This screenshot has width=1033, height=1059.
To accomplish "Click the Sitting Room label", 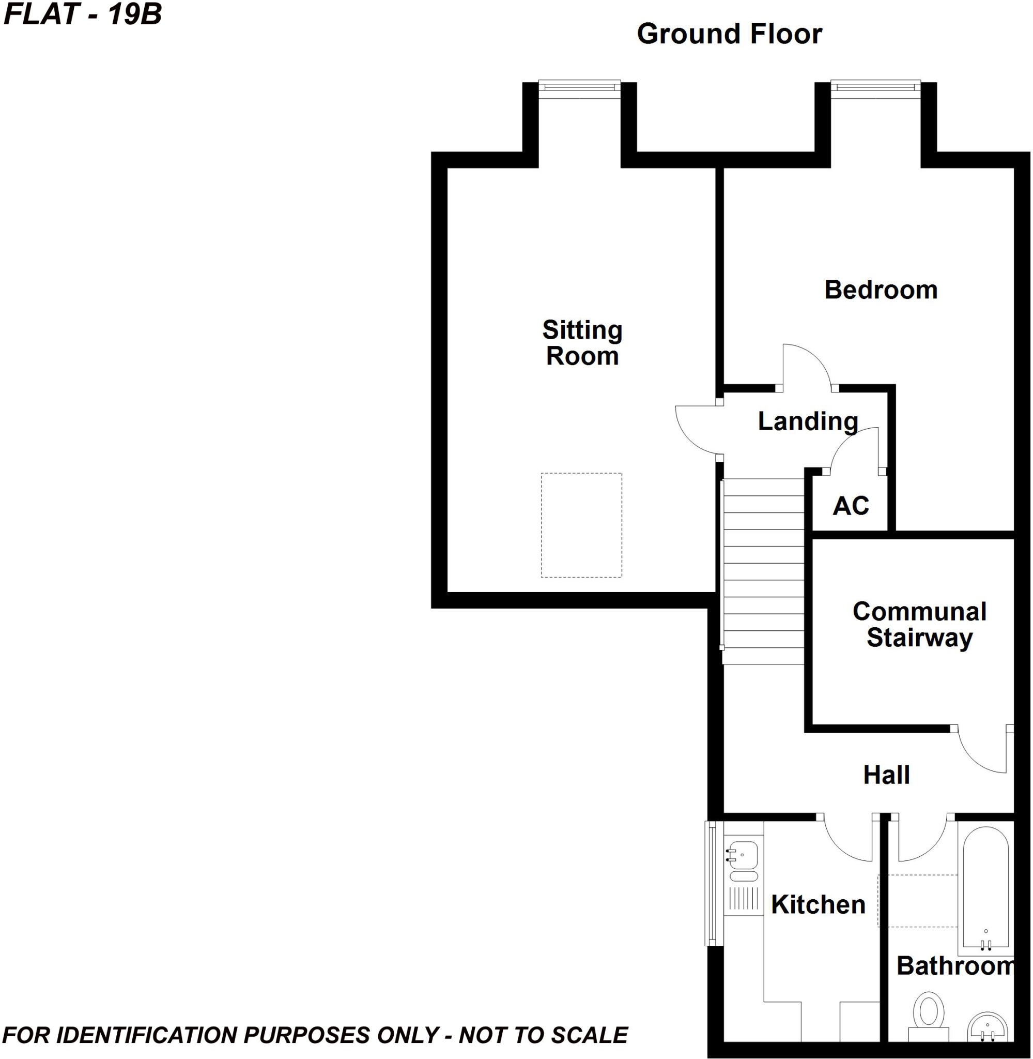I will (x=582, y=343).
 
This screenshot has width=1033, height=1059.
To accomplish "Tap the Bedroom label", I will (x=881, y=290).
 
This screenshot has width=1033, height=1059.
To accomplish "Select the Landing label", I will (x=807, y=421).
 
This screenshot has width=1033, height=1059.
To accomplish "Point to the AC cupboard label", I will (x=851, y=506).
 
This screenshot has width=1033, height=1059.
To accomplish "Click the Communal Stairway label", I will (x=919, y=624).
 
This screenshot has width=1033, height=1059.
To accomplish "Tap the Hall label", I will (x=886, y=775).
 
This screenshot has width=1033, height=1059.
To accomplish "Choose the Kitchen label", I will (x=818, y=905).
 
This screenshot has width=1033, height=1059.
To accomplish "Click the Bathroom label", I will (x=955, y=965).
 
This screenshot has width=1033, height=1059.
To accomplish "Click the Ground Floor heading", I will (x=729, y=34).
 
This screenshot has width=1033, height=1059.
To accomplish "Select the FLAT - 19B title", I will (x=83, y=14).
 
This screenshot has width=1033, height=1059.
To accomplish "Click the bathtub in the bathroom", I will (x=985, y=890).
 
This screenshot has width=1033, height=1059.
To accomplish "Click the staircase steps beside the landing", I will (x=763, y=570).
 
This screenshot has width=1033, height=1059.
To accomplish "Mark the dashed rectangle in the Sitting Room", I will (x=581, y=525).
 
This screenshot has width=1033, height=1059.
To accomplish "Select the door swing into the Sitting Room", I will (x=697, y=428).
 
